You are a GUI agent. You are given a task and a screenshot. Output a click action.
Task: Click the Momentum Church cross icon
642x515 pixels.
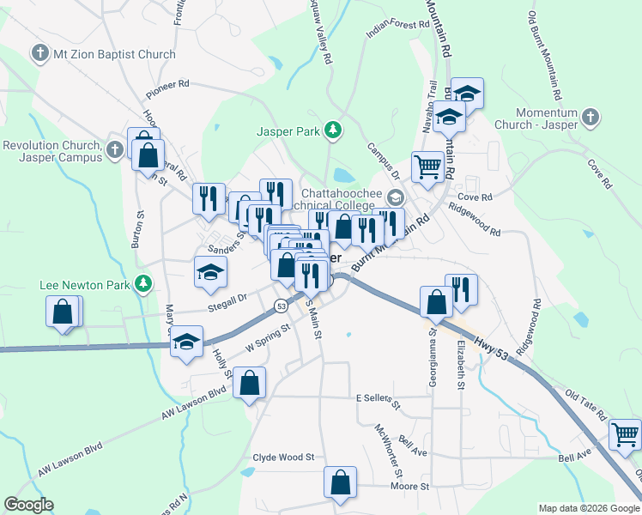click(591, 116)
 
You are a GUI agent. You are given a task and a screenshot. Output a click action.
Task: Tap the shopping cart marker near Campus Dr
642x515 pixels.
click(427, 166)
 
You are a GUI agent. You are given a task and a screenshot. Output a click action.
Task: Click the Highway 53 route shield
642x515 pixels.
click(281, 306)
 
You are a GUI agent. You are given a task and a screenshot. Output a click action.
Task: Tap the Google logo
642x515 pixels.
click(28, 505)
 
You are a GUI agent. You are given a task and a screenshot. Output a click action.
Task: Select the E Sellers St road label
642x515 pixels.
click(379, 399)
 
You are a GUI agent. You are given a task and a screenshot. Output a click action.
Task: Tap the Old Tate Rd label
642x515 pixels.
click(584, 400)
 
